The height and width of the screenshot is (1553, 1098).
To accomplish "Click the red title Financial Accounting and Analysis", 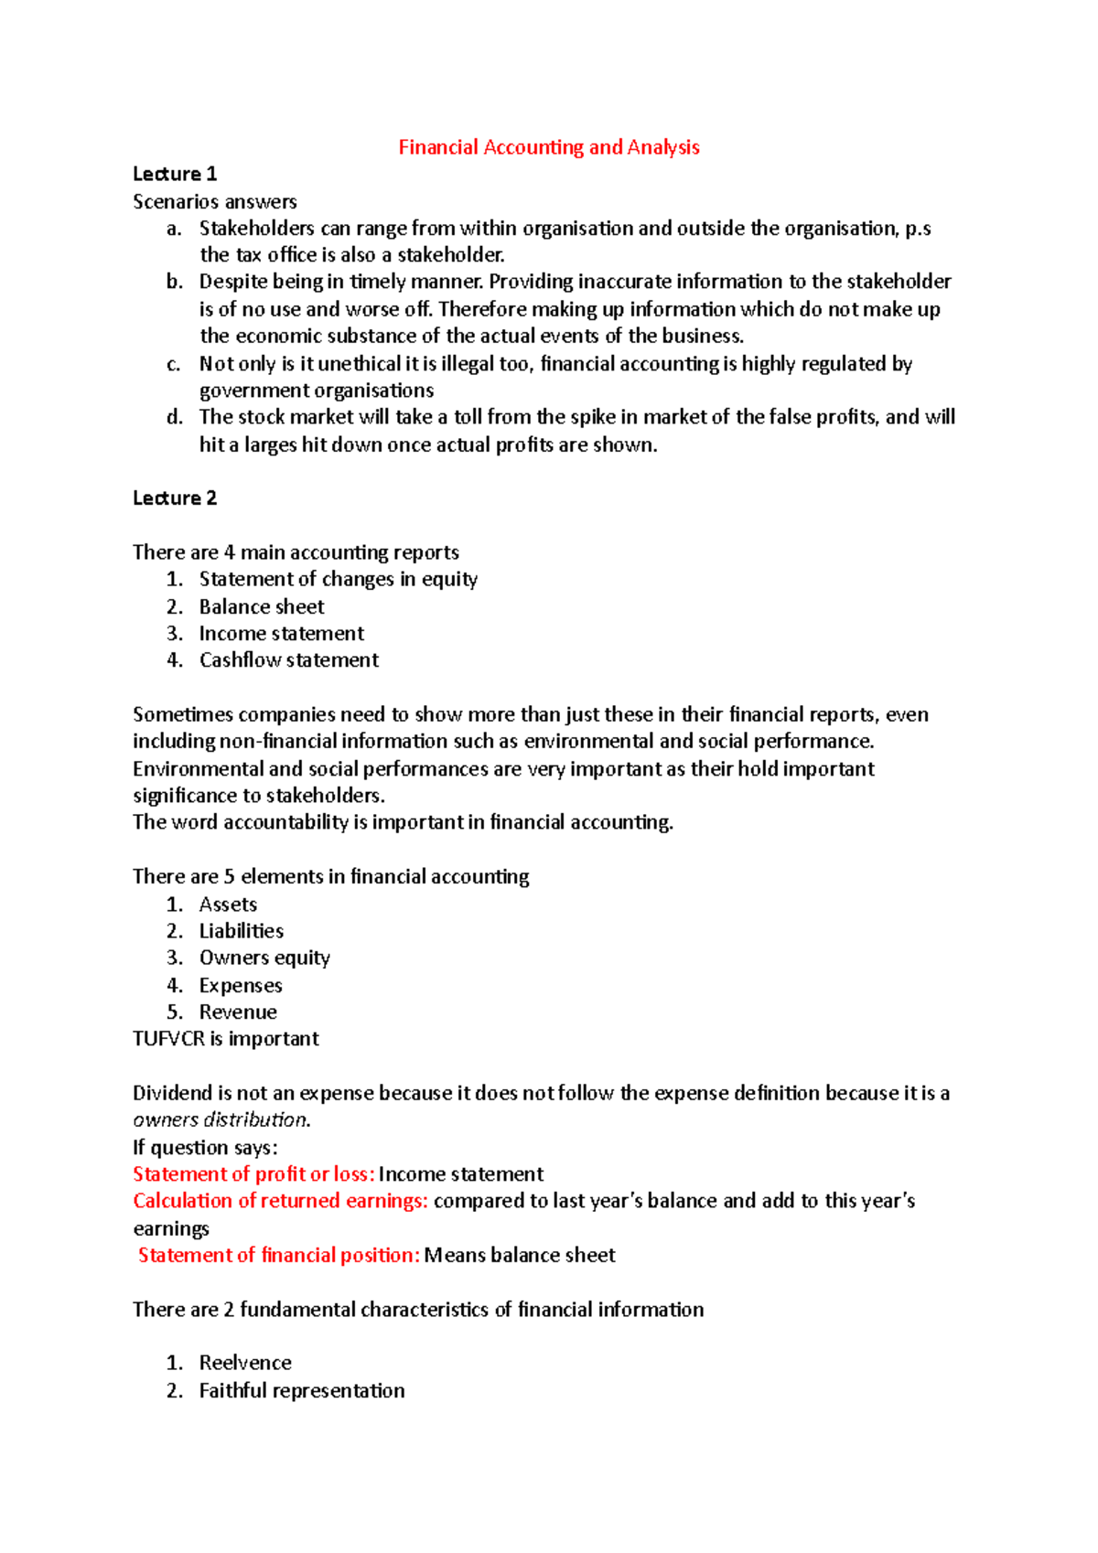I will [x=548, y=147].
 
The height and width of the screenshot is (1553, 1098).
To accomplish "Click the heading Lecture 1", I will [x=174, y=174].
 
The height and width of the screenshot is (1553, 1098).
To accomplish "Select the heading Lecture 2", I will [x=174, y=498].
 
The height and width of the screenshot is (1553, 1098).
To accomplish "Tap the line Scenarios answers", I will [x=214, y=201].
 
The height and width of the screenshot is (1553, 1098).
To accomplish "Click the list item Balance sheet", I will [x=261, y=606].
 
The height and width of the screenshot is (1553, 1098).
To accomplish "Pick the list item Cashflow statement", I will [x=288, y=659].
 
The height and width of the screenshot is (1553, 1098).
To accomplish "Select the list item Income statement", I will [x=281, y=633].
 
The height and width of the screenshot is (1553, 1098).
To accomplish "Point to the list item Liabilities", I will [x=241, y=930].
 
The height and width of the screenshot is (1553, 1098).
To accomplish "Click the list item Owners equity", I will [x=264, y=958].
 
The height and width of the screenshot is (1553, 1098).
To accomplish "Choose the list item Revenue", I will [x=237, y=1012].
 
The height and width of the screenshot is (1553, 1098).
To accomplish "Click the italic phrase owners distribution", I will [x=221, y=1119].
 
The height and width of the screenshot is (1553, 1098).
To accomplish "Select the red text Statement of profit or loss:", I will [x=253, y=1173].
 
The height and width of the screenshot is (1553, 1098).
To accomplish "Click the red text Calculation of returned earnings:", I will [x=280, y=1200].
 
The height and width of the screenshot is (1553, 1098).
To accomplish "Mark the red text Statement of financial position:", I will [x=278, y=1255].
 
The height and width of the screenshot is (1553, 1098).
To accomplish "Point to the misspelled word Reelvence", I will [x=244, y=1362].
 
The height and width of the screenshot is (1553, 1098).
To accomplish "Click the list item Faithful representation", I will [x=301, y=1390].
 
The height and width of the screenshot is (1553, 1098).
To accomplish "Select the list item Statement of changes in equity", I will [x=338, y=579].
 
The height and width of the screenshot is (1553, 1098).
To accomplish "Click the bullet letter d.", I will [x=175, y=417].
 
